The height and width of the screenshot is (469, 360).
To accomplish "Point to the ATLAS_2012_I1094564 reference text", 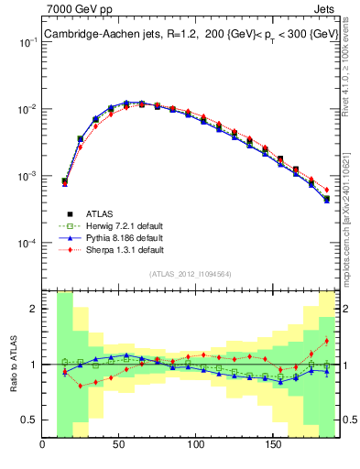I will click(x=191, y=273).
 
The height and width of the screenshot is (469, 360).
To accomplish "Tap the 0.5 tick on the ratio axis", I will click(x=30, y=420).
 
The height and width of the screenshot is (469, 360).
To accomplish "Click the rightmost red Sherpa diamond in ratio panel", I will click(x=327, y=342).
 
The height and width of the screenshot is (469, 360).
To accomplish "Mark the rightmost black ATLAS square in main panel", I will click(x=327, y=198).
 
